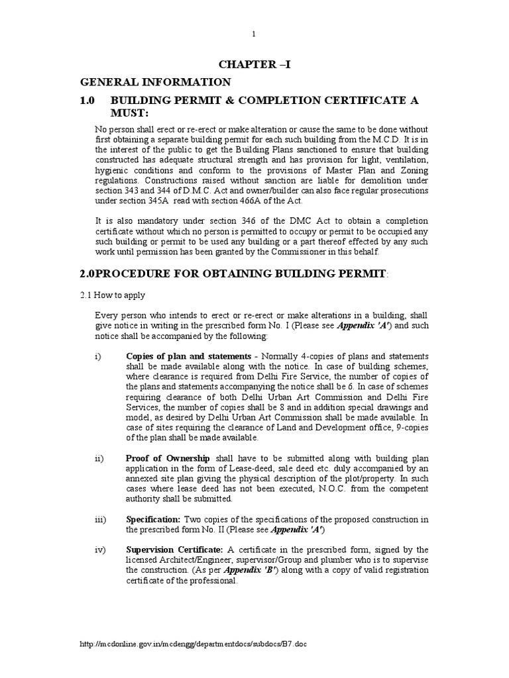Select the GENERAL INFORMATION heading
pyautogui.click(x=156, y=82)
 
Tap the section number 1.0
pyautogui.click(x=89, y=99)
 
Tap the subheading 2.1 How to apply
pyautogui.click(x=113, y=295)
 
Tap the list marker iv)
pyautogui.click(x=100, y=550)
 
